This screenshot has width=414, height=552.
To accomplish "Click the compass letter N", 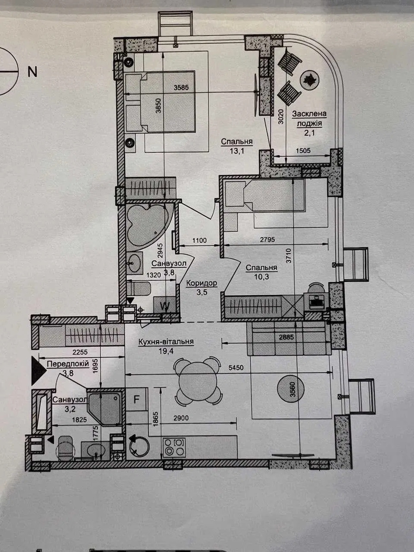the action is [32, 72].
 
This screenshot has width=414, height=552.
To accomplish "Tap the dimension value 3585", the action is [181, 88].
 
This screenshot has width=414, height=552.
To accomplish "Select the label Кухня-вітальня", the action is [166, 341].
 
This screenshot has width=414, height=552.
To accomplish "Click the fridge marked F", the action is [136, 400].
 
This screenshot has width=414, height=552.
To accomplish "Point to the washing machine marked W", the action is [165, 306].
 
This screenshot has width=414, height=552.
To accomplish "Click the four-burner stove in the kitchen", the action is [174, 448].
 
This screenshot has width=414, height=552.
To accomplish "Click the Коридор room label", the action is [201, 283].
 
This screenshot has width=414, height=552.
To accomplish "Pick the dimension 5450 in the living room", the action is [236, 368].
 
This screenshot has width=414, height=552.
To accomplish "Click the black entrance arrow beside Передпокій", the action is [38, 370].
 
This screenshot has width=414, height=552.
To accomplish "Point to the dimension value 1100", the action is [200, 241].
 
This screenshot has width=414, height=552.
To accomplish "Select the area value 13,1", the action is [237, 151].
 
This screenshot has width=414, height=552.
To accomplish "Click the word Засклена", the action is [309, 114].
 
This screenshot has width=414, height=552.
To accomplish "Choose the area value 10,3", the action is [261, 276].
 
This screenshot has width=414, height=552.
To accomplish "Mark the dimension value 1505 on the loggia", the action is [303, 151].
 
